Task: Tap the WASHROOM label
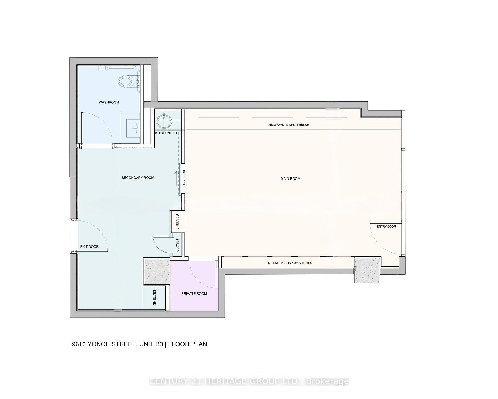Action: coord(109,102)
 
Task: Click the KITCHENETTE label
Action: coord(167,133)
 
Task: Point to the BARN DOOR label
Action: coord(184,179)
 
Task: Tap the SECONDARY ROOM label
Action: coord(138,178)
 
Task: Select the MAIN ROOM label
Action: coord(290,179)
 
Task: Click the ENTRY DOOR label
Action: coord(386,227)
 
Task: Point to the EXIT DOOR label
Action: coord(89,247)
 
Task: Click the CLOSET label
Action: coord(177,245)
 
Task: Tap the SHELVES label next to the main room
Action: coord(177,222)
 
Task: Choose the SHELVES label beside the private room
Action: coord(154,297)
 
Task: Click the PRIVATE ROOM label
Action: coord(194,294)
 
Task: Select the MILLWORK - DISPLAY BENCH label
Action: coord(289,125)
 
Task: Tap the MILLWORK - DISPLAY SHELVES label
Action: coord(290,263)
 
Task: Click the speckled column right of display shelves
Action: coord(367,270)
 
